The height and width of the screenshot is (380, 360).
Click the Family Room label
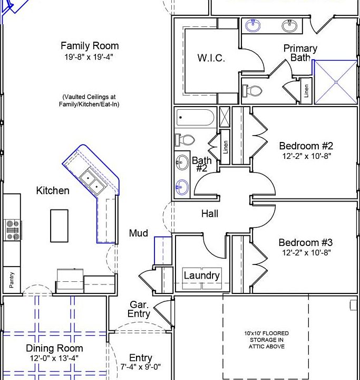tap(90, 46)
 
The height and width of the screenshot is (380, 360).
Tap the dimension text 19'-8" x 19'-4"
tap(89, 57)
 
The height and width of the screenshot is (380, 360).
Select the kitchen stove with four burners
tap(13, 230)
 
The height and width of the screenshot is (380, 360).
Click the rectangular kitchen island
tap(59, 226)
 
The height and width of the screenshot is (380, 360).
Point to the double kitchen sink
tap(93, 182)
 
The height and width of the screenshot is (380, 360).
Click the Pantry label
tap(12, 280)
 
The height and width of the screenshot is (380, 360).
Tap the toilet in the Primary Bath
tap(252, 91)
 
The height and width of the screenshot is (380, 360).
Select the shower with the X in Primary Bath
tap(336, 82)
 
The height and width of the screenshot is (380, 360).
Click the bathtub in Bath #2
tap(195, 117)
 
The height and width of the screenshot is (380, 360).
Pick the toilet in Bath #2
tap(184, 140)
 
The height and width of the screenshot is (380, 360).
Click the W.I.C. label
tap(211, 58)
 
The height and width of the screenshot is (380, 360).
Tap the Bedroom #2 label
tap(306, 146)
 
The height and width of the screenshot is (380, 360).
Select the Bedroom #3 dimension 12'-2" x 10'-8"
tap(306, 253)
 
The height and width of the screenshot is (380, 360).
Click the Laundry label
tap(202, 275)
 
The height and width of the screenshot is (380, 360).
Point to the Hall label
tap(210, 214)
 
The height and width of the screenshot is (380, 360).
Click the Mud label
tap(139, 233)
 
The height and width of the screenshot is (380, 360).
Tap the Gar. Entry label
tap(139, 309)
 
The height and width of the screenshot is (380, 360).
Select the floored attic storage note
tap(267, 340)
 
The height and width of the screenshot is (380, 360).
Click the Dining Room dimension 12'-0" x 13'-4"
tap(54, 358)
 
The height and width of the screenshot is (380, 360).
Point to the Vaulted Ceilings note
tap(89, 101)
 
